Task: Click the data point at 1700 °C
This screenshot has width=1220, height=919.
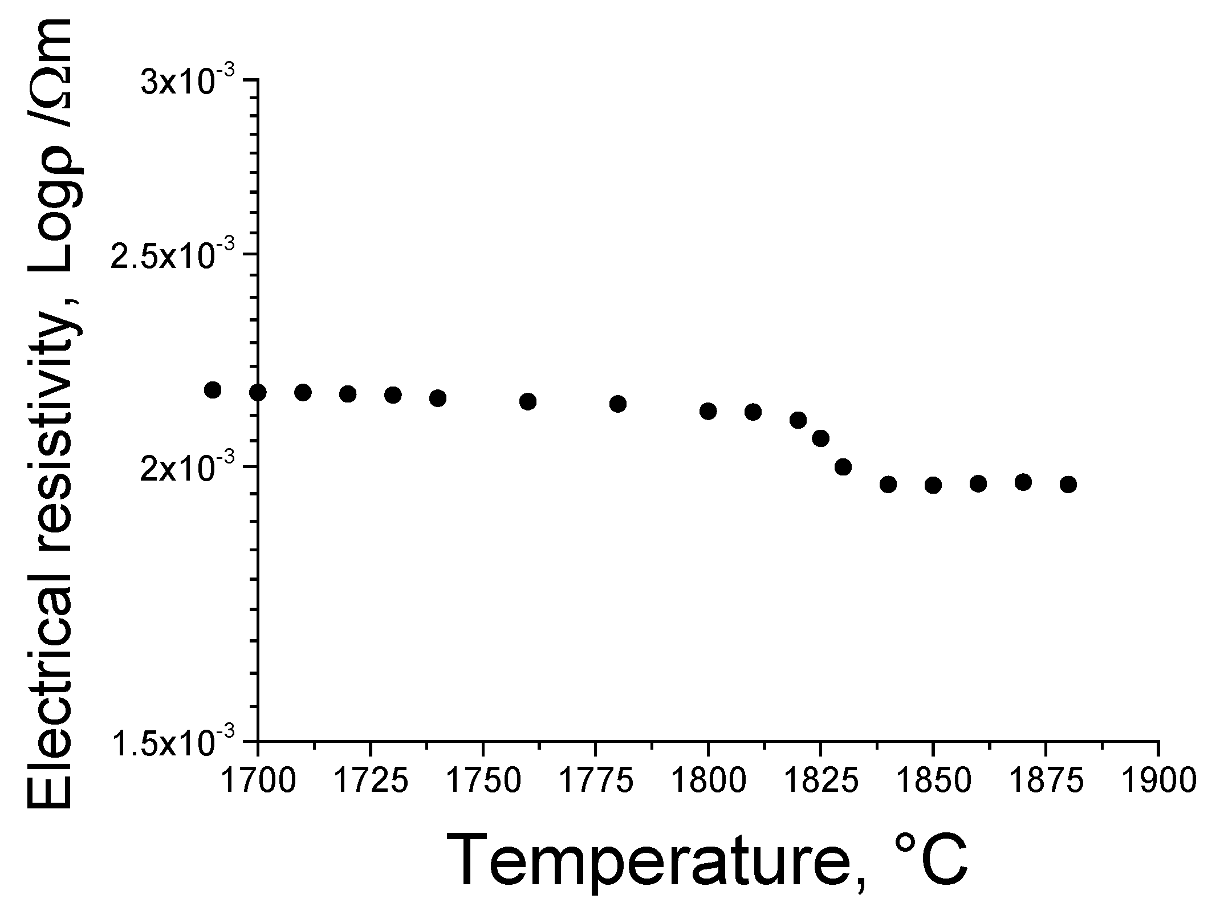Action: pyautogui.click(x=258, y=392)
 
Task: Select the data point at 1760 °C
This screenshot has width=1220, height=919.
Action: pyautogui.click(x=528, y=401)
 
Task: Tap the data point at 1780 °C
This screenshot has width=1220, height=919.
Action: pyautogui.click(x=618, y=404)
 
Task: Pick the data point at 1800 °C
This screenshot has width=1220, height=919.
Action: pyautogui.click(x=708, y=411)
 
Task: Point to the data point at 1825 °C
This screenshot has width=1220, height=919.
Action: pyautogui.click(x=820, y=438)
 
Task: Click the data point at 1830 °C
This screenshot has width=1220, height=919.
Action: pyautogui.click(x=843, y=467)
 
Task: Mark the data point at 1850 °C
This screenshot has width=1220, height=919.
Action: pyautogui.click(x=933, y=485)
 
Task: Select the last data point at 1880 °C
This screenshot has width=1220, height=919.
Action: pyautogui.click(x=1068, y=485)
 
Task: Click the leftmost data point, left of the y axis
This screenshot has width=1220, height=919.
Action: pyautogui.click(x=213, y=390)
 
